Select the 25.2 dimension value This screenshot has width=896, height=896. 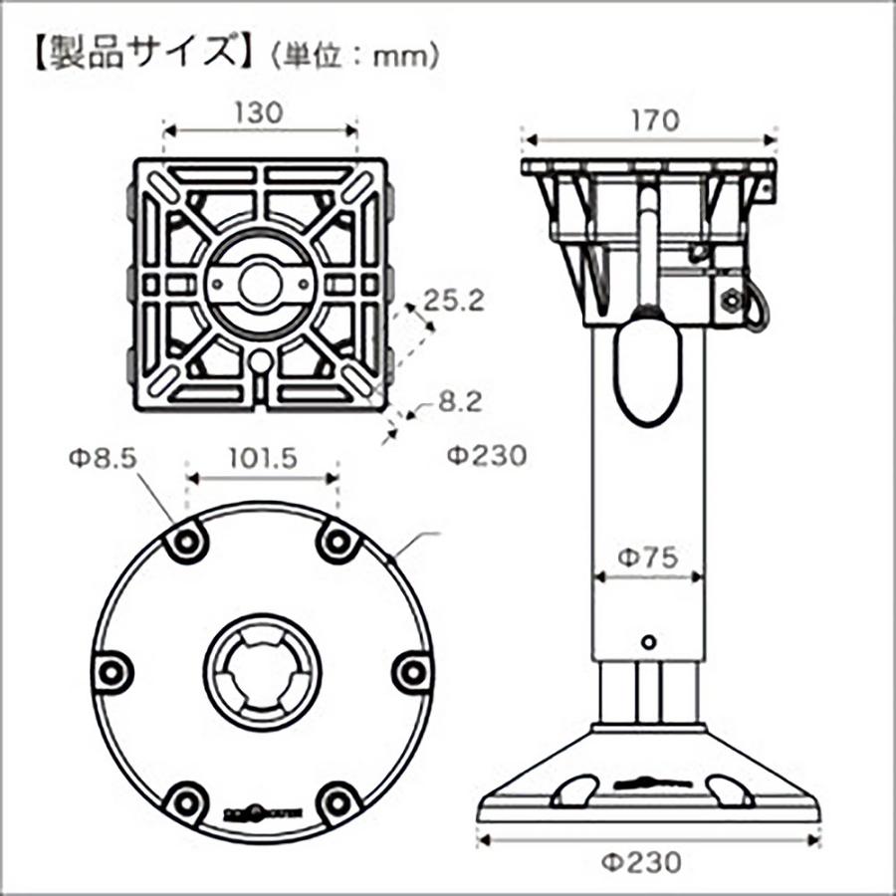click(x=454, y=301)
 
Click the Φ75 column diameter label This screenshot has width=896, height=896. click(x=648, y=558)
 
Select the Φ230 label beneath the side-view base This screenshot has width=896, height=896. click(x=648, y=862)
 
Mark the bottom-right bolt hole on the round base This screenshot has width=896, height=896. click(x=338, y=798)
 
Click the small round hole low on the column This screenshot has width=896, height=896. click(x=649, y=641)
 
